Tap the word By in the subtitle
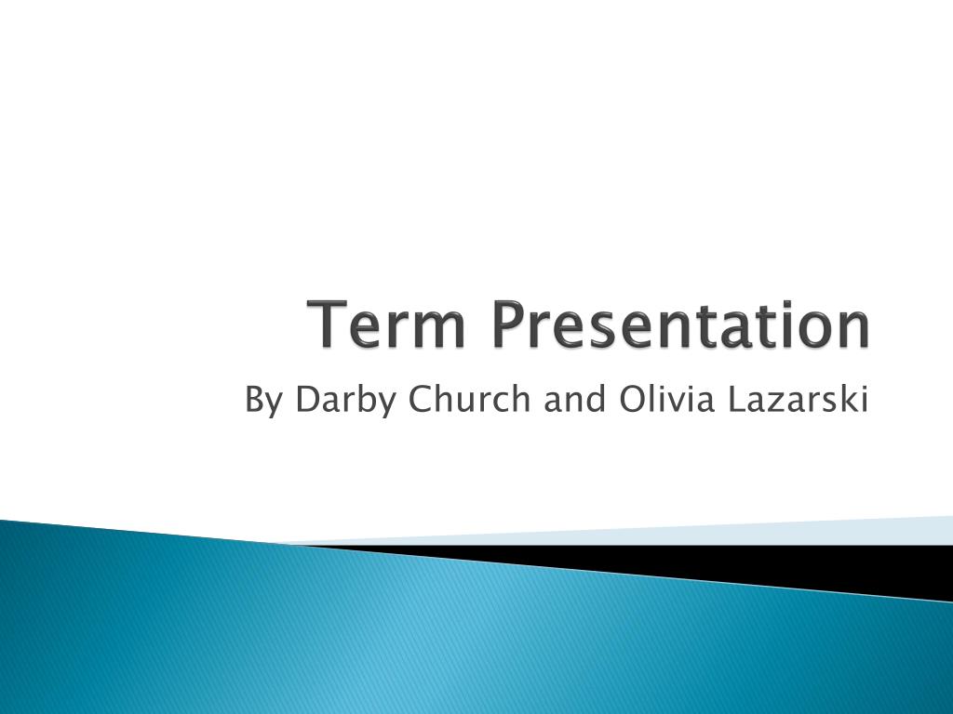click(263, 401)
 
